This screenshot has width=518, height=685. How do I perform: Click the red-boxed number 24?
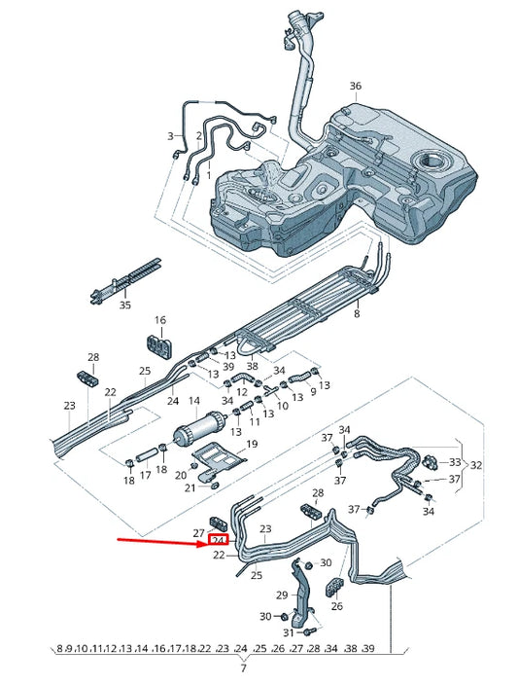click(x=219, y=541)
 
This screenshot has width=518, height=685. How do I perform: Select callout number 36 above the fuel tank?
click(x=355, y=87)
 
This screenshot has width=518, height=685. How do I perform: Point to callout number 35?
click(x=124, y=305)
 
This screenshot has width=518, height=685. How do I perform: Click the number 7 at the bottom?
click(x=243, y=668)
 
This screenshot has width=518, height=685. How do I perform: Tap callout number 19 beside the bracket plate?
click(x=252, y=444)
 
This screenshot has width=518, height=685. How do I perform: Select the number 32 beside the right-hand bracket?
click(x=476, y=465)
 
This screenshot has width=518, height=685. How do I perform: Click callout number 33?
click(x=455, y=461)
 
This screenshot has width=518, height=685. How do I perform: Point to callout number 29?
click(x=282, y=595)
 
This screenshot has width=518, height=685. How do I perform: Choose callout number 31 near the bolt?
click(x=289, y=633)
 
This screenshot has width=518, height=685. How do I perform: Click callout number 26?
click(x=337, y=606)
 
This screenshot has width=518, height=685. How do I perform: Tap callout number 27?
click(x=198, y=533)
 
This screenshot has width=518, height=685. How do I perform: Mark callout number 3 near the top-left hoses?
click(x=170, y=136)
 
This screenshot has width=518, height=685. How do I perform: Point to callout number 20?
click(x=181, y=477)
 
